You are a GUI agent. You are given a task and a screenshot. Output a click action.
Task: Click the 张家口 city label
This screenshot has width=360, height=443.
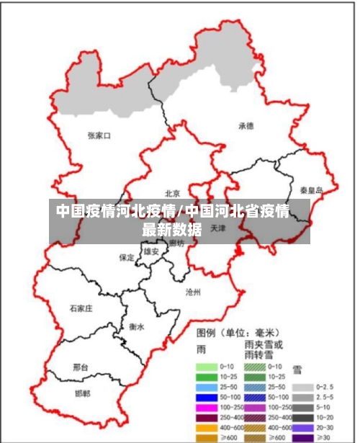pyautogui.click(x=99, y=135)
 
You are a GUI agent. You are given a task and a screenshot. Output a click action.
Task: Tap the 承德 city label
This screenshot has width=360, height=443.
pyautogui.click(x=246, y=125)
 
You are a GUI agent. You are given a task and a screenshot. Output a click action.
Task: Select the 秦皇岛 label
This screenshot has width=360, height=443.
pyautogui.click(x=312, y=190)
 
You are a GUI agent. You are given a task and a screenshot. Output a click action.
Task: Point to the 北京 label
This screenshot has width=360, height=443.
pyautogui.click(x=172, y=193)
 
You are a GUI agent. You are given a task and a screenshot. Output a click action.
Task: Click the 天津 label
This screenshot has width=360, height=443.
pyautogui.click(x=219, y=228)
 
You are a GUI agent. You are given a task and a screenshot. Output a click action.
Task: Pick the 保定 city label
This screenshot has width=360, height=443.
pyautogui.click(x=127, y=256)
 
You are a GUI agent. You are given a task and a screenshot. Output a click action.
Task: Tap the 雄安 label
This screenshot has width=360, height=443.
pyautogui.click(x=151, y=251)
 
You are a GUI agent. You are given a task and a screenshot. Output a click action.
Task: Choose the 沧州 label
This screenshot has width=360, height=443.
pyautogui.click(x=193, y=292)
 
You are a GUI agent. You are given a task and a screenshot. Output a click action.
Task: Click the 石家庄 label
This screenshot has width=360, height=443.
pyautogui.click(x=81, y=308)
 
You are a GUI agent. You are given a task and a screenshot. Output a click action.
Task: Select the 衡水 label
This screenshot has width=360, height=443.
pyautogui.click(x=136, y=326)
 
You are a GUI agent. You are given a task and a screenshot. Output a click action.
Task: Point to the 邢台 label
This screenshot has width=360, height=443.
pyautogui.click(x=81, y=367)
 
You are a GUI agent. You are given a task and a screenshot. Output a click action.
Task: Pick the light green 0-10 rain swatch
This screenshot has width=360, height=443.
pyautogui.click(x=207, y=367)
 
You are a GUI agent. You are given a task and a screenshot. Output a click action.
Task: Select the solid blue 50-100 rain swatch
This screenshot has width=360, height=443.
pyautogui.click(x=207, y=397)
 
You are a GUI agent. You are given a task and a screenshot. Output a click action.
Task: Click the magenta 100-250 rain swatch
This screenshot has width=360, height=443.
pyautogui.click(x=207, y=407)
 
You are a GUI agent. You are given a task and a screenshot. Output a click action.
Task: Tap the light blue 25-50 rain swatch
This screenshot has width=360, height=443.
pyautogui.click(x=207, y=387)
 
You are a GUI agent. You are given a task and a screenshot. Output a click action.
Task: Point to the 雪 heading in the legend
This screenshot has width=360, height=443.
pyautogui.click(x=297, y=370)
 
